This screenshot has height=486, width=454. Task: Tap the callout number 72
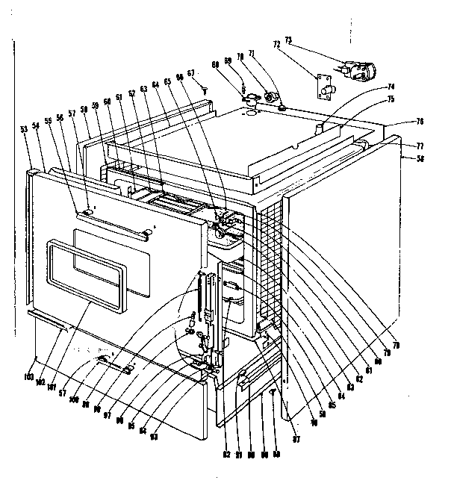point(276,46)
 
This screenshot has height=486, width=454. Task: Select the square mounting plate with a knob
point(325,87)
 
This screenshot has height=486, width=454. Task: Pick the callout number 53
point(25,129)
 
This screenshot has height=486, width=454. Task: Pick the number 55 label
point(48,120)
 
